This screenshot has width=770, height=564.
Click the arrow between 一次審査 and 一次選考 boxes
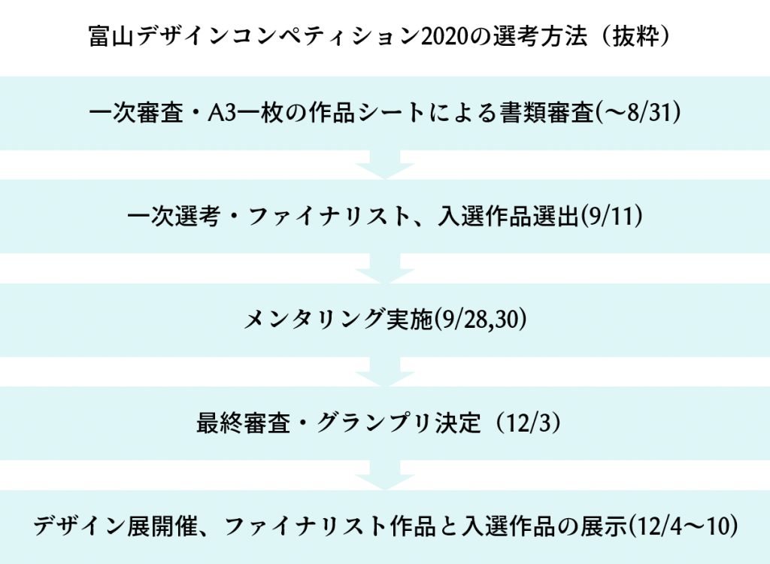coord(385,165)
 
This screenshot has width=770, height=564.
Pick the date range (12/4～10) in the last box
coord(684,527)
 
